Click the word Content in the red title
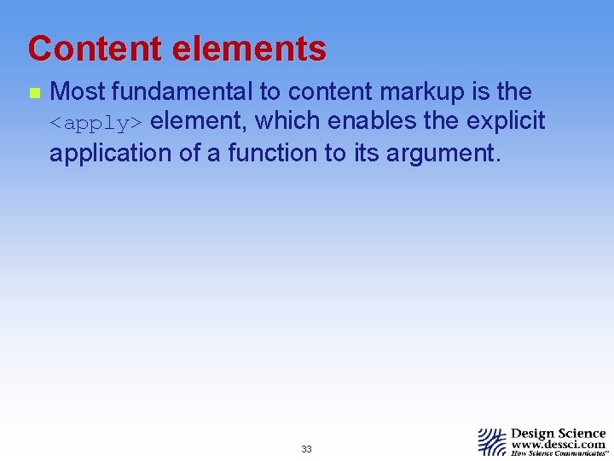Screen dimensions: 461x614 (95, 50)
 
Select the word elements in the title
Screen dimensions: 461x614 (249, 50)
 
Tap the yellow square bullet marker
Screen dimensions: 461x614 (33, 92)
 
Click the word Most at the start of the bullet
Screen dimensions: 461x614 (78, 92)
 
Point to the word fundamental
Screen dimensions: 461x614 (182, 92)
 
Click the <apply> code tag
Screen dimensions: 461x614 (96, 124)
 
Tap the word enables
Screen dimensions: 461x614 (374, 122)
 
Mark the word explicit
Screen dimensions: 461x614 (506, 122)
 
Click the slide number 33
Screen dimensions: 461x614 (306, 449)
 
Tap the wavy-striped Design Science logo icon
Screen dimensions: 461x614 (492, 441)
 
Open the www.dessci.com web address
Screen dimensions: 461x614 (559, 445)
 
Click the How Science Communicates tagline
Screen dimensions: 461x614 (559, 454)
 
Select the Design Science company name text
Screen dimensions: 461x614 (559, 434)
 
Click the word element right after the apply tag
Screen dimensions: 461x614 (198, 122)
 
